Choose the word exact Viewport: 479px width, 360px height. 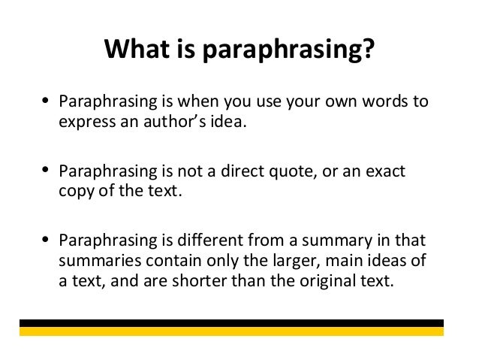pos(386,172)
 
